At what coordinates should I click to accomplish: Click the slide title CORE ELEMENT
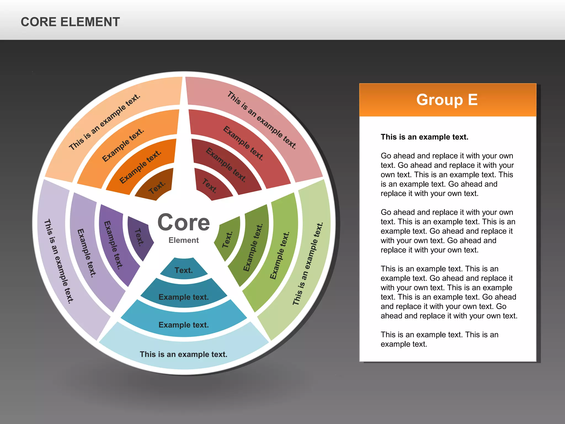pyautogui.click(x=70, y=22)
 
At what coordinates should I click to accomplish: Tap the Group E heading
pyautogui.click(x=447, y=100)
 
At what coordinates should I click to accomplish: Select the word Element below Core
pyautogui.click(x=183, y=240)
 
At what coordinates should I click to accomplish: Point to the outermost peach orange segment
pyautogui.click(x=105, y=121)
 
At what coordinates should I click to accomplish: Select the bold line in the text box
pyautogui.click(x=424, y=137)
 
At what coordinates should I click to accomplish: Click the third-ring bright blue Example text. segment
pyautogui.click(x=183, y=325)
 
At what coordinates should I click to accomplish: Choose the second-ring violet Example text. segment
pyautogui.click(x=113, y=244)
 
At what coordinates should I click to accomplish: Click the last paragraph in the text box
pyautogui.click(x=439, y=339)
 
